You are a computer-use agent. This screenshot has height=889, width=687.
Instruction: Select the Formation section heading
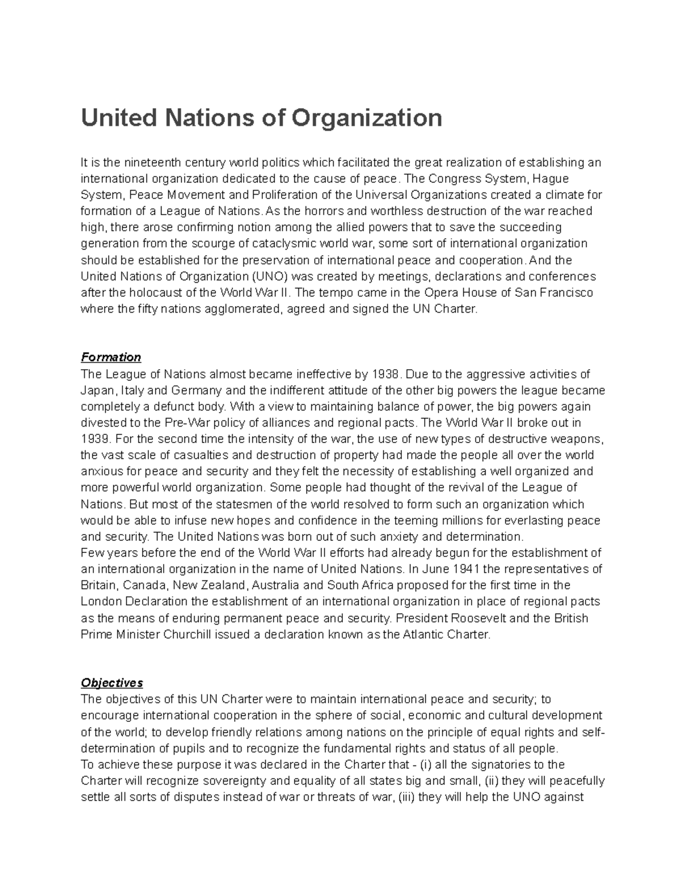tap(111, 357)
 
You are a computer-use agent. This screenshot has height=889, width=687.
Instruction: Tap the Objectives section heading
tap(112, 683)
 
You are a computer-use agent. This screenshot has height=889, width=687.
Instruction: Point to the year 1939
tap(94, 439)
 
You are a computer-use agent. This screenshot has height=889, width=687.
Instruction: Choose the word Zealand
tap(224, 586)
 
